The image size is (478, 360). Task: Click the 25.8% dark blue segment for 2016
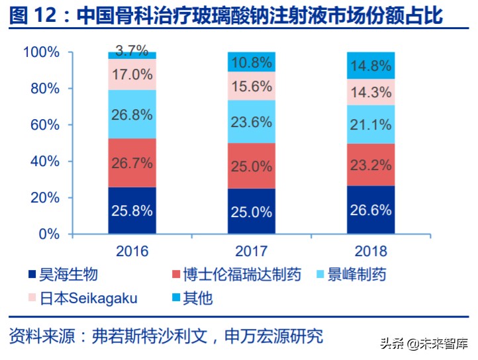[x=132, y=210]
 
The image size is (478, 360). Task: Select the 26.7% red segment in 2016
[x=132, y=163]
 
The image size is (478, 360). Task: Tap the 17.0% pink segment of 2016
[x=132, y=74]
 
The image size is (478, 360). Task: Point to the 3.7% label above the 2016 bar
[x=132, y=50]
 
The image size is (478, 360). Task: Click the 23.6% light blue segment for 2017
[x=252, y=122]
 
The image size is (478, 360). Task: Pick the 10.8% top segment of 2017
[x=252, y=62]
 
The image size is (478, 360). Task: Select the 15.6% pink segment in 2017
[x=252, y=86]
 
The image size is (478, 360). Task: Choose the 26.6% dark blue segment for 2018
[x=371, y=210]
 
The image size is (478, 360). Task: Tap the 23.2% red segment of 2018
[x=371, y=165]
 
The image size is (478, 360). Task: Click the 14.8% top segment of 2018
[x=371, y=66]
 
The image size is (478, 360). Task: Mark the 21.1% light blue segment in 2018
[x=371, y=124]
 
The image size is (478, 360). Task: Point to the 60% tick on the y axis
[x=46, y=125]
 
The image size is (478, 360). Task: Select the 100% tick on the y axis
[x=42, y=52]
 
